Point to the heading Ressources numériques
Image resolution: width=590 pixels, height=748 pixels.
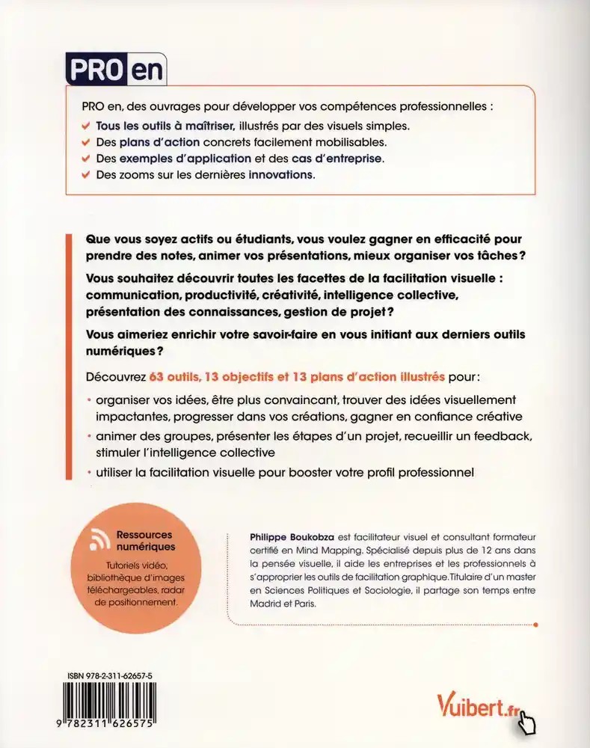point(143,541)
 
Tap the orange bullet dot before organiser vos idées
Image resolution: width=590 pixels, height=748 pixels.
point(89,400)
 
